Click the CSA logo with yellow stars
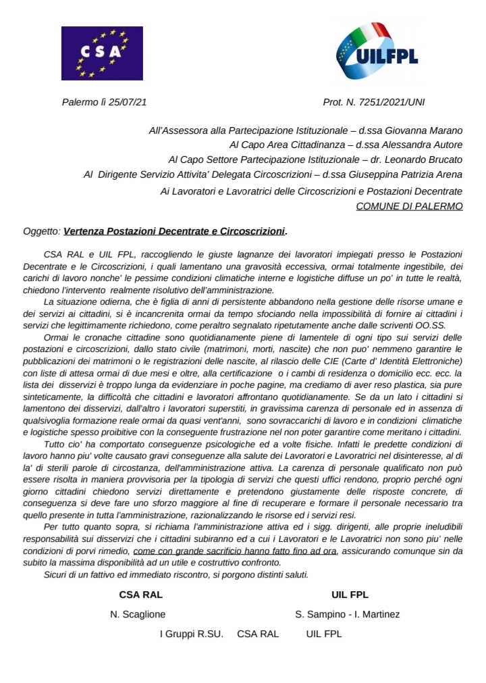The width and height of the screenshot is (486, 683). (102, 53)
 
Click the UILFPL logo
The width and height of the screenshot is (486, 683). (377, 50)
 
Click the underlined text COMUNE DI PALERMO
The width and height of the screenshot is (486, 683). (409, 205)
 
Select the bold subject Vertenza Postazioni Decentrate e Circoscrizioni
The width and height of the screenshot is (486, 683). (174, 232)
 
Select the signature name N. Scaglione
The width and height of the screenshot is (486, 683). (138, 614)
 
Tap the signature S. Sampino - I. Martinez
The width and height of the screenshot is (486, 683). (348, 614)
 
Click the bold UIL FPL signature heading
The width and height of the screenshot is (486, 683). (350, 595)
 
